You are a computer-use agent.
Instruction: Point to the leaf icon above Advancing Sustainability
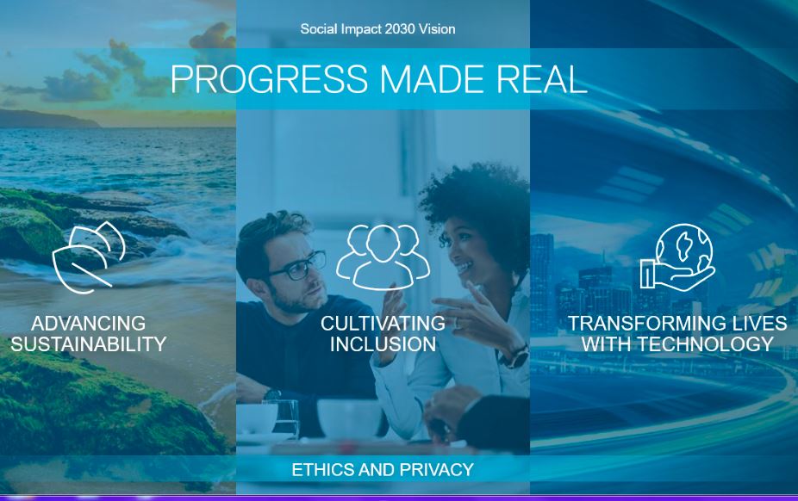pos(89,257)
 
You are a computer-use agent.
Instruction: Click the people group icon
pos(383,256)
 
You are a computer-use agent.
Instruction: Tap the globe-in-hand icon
pos(677,257)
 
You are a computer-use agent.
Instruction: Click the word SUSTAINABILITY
pos(89,344)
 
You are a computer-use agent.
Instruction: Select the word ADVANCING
pos(89,324)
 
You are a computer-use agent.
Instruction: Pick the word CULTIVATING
pos(383,324)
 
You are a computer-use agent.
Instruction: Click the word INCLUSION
pos(383,344)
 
